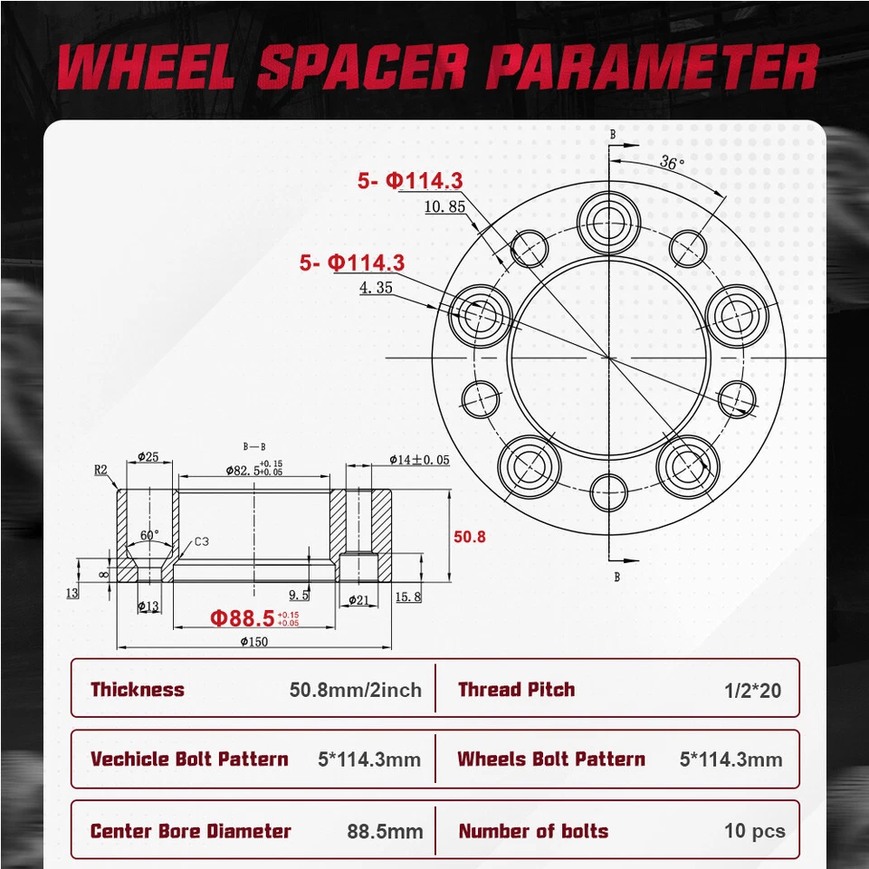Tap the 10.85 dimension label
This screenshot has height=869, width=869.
(444, 207)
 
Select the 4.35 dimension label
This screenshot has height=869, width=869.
(376, 289)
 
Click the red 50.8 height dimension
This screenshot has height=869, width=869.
(470, 537)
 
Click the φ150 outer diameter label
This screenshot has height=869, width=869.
(254, 642)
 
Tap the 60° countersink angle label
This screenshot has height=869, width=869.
(149, 535)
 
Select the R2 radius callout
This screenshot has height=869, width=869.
(100, 470)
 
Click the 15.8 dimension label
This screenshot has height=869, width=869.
(408, 597)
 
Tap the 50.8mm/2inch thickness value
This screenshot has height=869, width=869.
(356, 691)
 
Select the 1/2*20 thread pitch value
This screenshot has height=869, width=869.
(752, 691)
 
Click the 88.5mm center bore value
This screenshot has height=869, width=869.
(385, 832)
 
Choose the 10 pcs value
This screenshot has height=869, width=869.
(754, 832)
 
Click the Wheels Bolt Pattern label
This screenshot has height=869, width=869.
(551, 759)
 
